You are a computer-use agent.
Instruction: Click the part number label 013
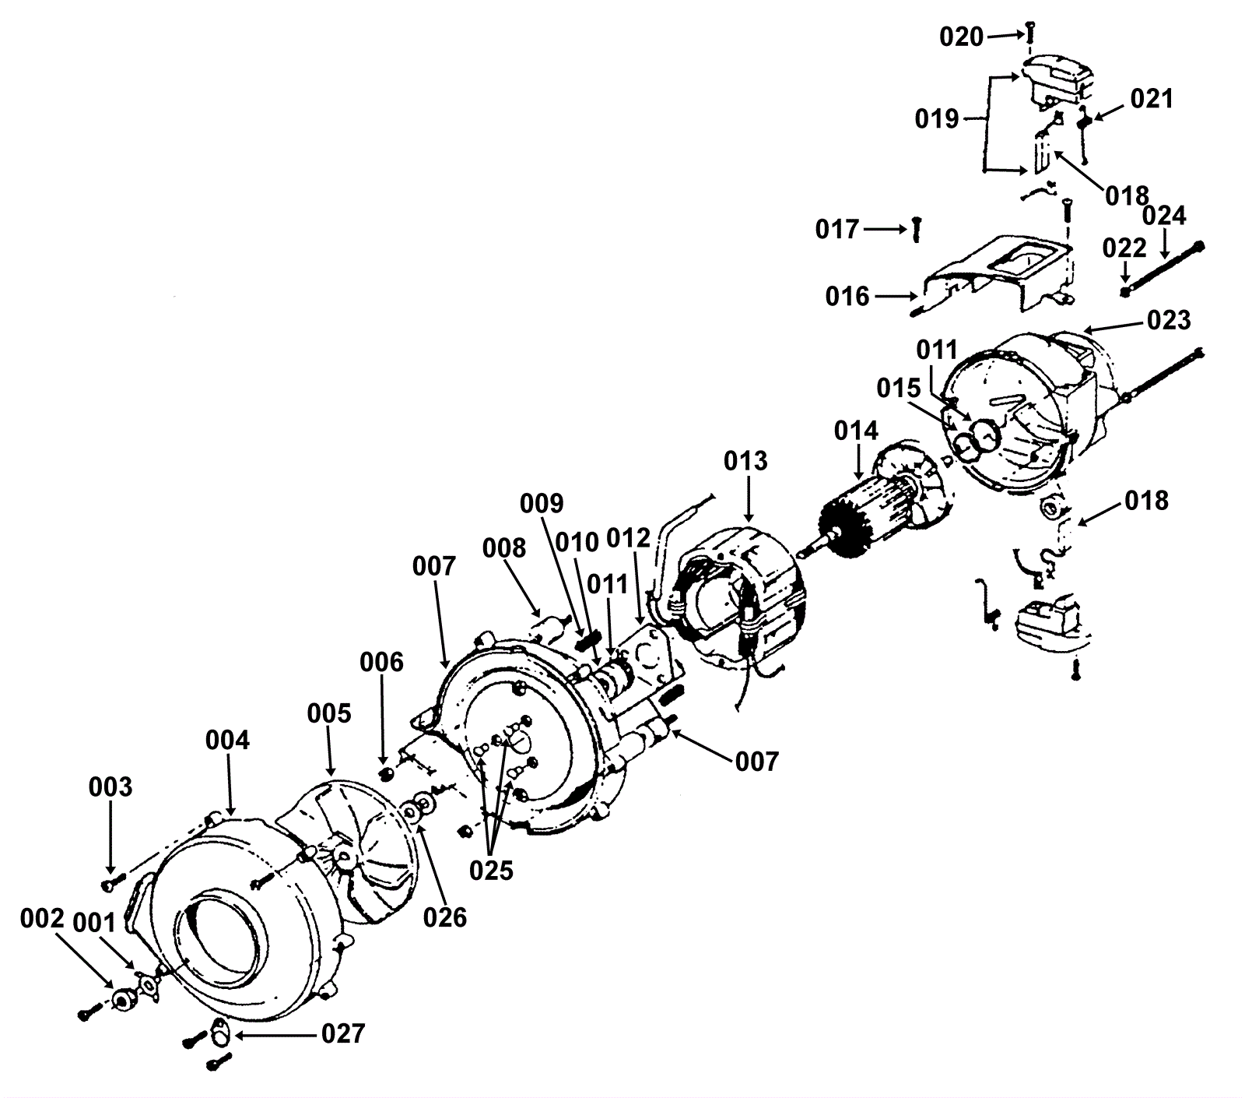click(x=745, y=461)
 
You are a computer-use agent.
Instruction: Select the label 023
click(x=1169, y=320)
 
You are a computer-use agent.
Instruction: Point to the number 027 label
click(x=342, y=1033)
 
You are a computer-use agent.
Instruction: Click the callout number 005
click(x=328, y=713)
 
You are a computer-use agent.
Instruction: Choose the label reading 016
click(x=847, y=296)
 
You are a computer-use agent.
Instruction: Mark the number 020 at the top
click(x=962, y=37)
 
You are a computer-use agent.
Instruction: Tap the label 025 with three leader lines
click(x=491, y=870)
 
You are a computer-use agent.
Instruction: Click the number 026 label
click(x=444, y=917)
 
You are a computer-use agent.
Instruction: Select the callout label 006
click(x=381, y=662)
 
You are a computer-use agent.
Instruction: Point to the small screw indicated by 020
click(x=1030, y=32)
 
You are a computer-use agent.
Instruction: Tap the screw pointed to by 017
click(x=916, y=229)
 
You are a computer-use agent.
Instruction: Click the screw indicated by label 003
click(x=110, y=884)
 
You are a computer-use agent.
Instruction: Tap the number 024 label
click(x=1164, y=215)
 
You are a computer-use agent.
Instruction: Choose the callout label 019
click(x=937, y=119)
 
